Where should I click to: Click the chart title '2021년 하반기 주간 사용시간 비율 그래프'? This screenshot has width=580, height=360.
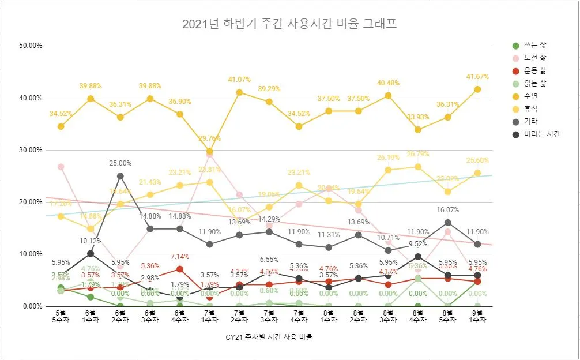click(289, 24)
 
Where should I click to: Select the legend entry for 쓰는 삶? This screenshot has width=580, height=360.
click(536, 46)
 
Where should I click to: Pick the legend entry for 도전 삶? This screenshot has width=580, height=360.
click(536, 58)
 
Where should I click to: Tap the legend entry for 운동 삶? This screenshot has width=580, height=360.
click(536, 71)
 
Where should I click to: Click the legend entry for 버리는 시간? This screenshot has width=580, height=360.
click(542, 134)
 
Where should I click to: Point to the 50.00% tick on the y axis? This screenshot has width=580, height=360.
click(30, 46)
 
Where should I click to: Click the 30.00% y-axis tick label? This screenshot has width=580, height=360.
click(30, 150)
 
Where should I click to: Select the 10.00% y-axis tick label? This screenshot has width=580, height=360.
click(30, 254)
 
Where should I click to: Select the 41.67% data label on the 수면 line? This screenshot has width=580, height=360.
click(477, 77)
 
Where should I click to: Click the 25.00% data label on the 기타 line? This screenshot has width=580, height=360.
click(120, 163)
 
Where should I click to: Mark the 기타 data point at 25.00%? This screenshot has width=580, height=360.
click(120, 176)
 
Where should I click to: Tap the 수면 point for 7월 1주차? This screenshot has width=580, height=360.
click(210, 151)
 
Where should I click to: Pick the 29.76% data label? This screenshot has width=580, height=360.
click(210, 138)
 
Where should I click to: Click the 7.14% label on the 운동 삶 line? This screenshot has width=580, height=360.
click(180, 256)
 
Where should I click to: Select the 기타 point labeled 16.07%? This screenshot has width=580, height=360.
click(448, 222)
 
